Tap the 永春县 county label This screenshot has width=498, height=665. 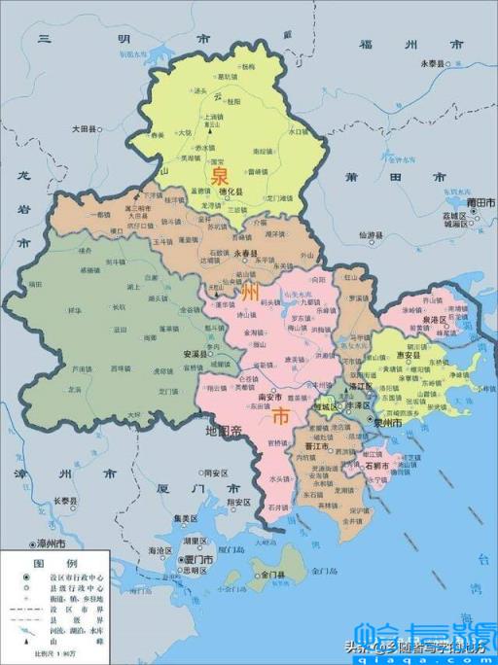pyautogui.click(x=247, y=252)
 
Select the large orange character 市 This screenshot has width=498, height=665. pyautogui.click(x=279, y=417)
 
